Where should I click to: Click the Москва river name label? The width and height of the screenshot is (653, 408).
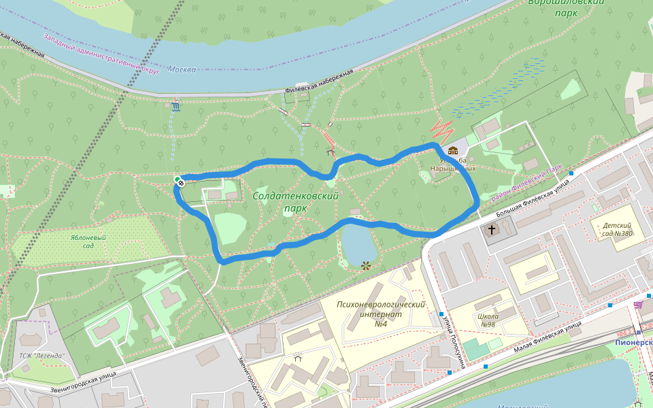point(182,69)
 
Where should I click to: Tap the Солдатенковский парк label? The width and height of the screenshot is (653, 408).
point(296,202)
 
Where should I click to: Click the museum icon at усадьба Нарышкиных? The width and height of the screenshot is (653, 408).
point(453,150)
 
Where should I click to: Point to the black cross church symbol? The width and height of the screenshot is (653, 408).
point(491,230)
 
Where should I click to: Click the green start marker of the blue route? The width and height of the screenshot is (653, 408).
point(178,180)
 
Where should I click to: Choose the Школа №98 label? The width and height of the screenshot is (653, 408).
point(488,320)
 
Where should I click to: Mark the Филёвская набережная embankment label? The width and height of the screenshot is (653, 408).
point(319,81)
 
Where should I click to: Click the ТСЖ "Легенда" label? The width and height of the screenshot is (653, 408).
point(41,356)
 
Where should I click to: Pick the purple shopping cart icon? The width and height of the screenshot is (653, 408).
point(637,305)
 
